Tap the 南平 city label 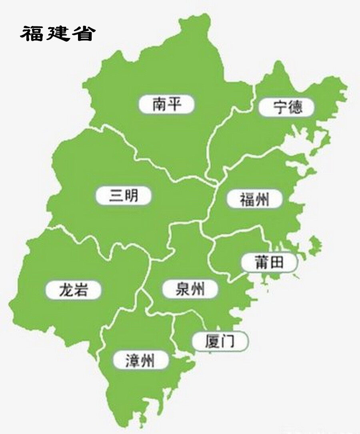167,104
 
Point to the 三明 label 124,196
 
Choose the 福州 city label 255,199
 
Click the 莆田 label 269,262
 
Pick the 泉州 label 190,288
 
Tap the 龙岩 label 73,289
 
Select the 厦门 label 220,342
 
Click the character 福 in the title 32,33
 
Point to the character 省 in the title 83,33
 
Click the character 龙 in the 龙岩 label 65,289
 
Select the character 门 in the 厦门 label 228,342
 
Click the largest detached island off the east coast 315,242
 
